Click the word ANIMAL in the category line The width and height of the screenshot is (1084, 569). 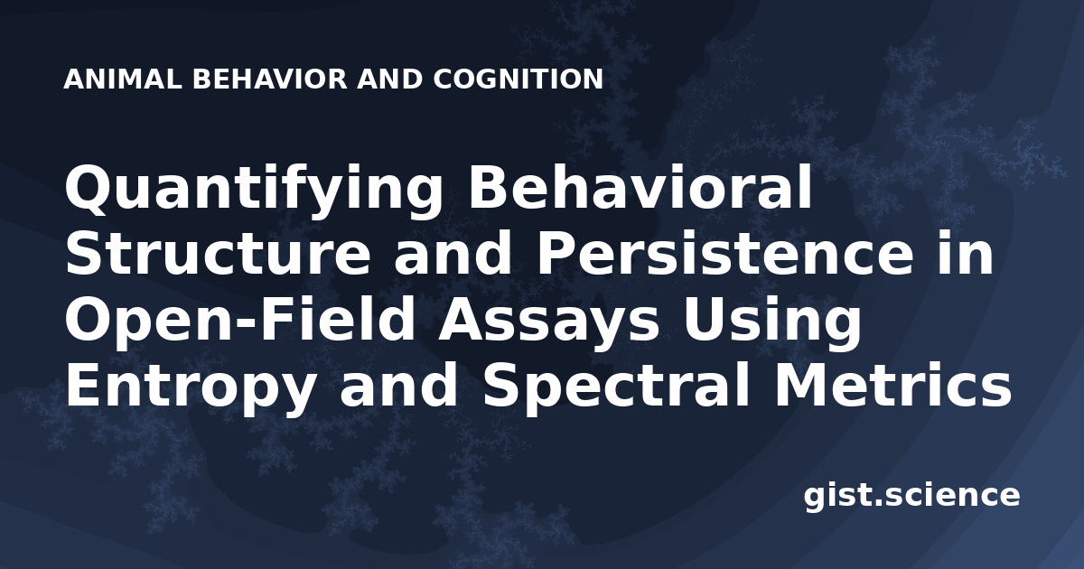pos(123,79)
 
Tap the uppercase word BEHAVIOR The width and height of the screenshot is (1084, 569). pos(270,79)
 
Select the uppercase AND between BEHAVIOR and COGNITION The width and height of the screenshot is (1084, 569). pos(390,79)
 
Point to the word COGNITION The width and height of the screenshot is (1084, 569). pos(519,79)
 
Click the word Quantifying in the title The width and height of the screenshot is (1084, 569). pos(254,191)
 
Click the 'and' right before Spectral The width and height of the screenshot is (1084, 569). pos(397,387)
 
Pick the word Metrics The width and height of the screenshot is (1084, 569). pos(892,387)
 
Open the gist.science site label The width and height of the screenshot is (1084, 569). pos(912,497)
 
